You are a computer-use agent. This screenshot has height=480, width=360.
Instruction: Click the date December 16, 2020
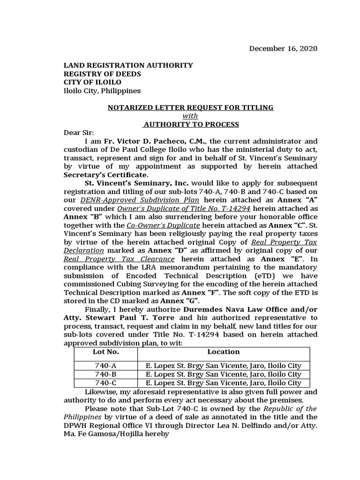coord(283,48)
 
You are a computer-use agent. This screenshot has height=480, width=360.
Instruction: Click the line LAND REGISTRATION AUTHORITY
coord(128,66)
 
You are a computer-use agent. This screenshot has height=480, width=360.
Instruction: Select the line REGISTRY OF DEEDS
coord(102,74)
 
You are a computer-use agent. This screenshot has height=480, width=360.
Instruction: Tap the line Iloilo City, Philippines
coord(102,91)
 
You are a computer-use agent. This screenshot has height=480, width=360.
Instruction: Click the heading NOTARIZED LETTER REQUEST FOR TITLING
coord(190,108)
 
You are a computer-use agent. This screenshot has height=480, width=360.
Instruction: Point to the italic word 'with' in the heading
coord(190,116)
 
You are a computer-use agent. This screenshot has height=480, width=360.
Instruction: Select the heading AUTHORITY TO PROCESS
coord(191,124)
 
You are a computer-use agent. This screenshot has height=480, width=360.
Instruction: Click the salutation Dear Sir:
coord(79,133)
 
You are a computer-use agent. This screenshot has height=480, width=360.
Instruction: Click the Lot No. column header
coord(106,352)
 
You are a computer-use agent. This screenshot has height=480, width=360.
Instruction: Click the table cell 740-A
coord(106,366)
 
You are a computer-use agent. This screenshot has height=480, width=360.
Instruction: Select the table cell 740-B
coord(106,374)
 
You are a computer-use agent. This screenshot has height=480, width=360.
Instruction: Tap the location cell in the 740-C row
coord(223,382)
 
